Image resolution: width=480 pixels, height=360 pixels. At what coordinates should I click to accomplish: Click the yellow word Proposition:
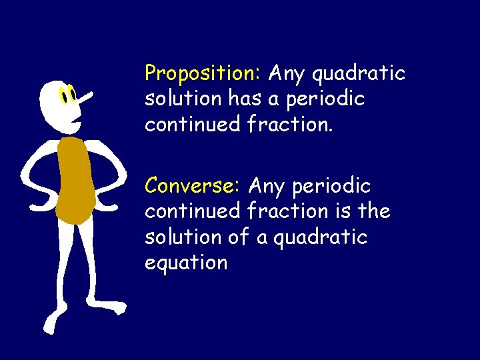click(x=204, y=72)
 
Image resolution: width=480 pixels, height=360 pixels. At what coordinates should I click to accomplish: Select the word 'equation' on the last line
click(x=186, y=263)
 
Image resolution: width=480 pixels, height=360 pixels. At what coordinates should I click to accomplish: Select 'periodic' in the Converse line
click(x=331, y=185)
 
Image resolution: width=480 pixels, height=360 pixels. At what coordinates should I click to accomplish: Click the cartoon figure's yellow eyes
click(x=67, y=96)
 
